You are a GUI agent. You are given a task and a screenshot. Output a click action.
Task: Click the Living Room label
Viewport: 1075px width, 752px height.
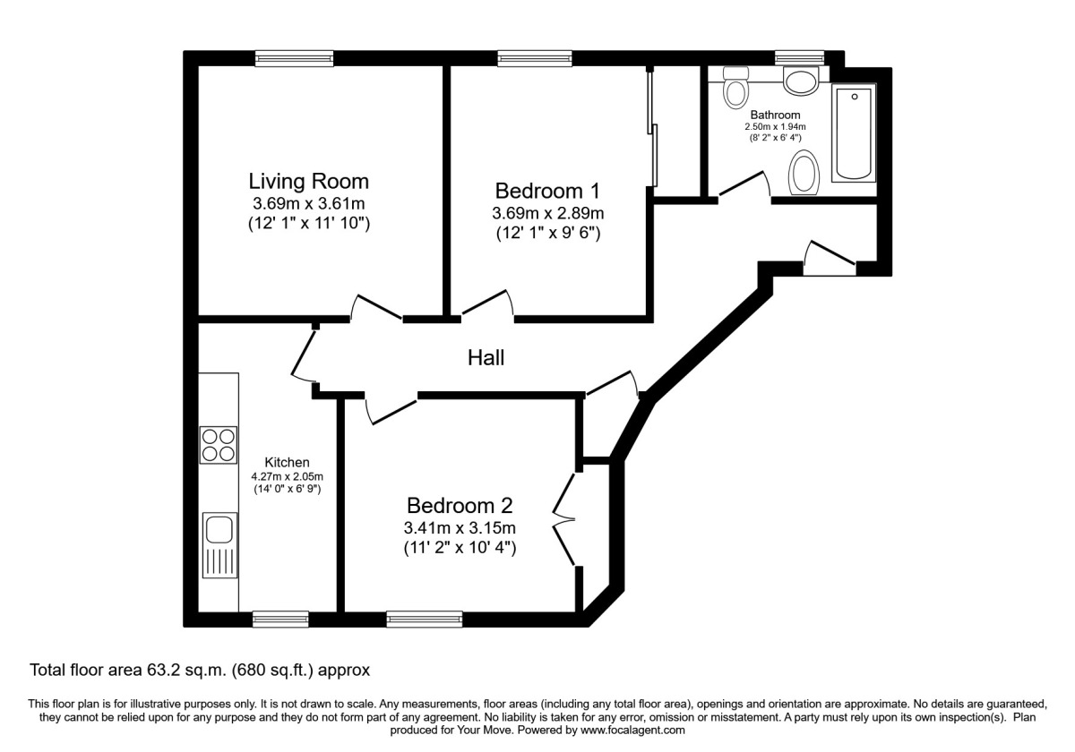point(308,181)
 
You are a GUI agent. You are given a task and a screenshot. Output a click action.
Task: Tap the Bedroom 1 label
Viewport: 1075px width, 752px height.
point(547,191)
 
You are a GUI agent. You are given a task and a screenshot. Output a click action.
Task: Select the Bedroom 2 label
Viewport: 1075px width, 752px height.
point(460,506)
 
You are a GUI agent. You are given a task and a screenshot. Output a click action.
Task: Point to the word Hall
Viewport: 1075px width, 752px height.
point(486,358)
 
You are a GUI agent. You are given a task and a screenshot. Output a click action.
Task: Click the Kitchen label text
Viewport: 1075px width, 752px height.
point(287,462)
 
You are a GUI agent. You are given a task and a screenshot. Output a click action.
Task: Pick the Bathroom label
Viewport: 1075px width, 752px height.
point(775,115)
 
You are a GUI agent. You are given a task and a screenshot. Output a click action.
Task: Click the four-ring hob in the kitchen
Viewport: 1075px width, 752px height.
point(219,445)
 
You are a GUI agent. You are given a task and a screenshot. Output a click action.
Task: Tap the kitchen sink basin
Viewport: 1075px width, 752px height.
point(219,531)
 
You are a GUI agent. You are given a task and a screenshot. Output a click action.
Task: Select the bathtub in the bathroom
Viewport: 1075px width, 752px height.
point(854,132)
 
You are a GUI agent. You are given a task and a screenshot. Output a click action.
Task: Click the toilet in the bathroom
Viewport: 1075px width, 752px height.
point(735,88)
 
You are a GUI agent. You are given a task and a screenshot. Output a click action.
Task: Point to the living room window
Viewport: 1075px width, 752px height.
point(294,58)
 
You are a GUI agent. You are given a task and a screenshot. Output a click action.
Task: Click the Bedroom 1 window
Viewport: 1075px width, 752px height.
point(535,58)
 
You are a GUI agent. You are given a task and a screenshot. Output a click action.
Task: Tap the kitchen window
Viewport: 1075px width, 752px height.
point(280,619)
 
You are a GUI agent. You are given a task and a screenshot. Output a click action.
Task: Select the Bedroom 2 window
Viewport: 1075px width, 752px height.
point(425,619)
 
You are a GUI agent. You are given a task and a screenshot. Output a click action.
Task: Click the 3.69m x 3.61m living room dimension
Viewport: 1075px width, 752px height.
point(308,204)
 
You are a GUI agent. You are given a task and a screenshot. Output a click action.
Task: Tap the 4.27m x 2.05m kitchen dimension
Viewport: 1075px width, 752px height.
point(287,476)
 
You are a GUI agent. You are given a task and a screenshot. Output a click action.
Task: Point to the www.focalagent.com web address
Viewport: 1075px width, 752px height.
point(632,731)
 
